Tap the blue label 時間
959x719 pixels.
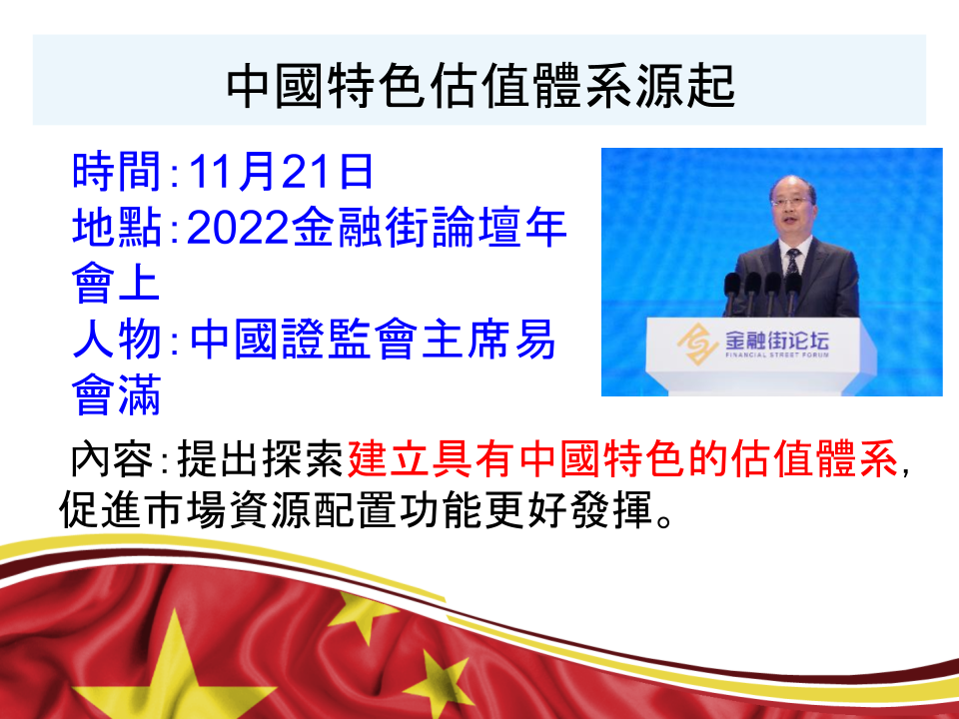[116, 171]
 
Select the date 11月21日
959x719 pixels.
[281, 171]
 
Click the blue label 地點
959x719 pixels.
[116, 227]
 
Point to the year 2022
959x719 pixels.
[238, 228]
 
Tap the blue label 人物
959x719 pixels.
[116, 340]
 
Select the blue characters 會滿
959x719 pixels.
[116, 395]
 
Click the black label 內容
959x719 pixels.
[111, 458]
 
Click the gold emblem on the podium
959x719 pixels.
[697, 344]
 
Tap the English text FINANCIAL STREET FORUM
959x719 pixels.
[777, 355]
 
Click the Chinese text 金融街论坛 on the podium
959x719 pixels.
[777, 339]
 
